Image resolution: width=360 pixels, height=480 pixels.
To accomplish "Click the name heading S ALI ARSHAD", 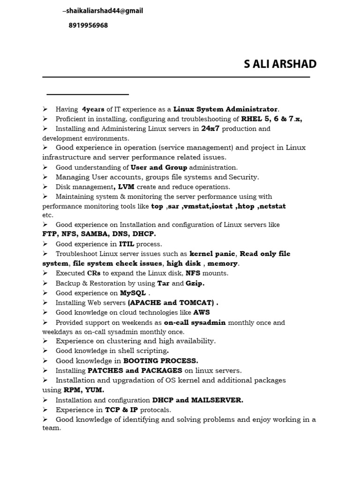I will [280, 64].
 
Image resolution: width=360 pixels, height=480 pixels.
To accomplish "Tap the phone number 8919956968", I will [88, 26].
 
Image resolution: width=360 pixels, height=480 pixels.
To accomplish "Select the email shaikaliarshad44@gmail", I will [104, 11].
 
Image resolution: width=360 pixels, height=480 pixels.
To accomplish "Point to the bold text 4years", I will [93, 109].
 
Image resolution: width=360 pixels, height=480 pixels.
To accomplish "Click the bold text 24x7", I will [210, 128].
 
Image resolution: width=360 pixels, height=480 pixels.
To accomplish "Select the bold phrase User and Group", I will [159, 167].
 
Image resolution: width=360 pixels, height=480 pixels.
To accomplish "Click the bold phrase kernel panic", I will [213, 254].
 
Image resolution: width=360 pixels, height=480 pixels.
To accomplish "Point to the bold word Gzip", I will [195, 283].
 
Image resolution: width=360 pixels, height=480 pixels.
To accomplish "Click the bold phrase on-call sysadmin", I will [195, 322].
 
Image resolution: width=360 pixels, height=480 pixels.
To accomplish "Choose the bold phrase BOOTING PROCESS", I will [161, 361].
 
